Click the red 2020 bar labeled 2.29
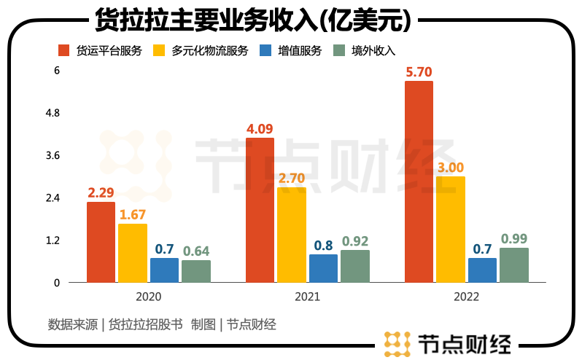click(101, 242)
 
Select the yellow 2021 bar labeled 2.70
click(292, 235)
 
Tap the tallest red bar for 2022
click(419, 181)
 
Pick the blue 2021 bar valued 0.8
click(323, 268)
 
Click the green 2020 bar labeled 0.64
click(196, 271)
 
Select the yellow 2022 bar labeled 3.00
click(451, 229)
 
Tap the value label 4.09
click(260, 129)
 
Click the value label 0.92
click(355, 240)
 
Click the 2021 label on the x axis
click(307, 297)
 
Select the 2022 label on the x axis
click(466, 297)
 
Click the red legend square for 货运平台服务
click(63, 50)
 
